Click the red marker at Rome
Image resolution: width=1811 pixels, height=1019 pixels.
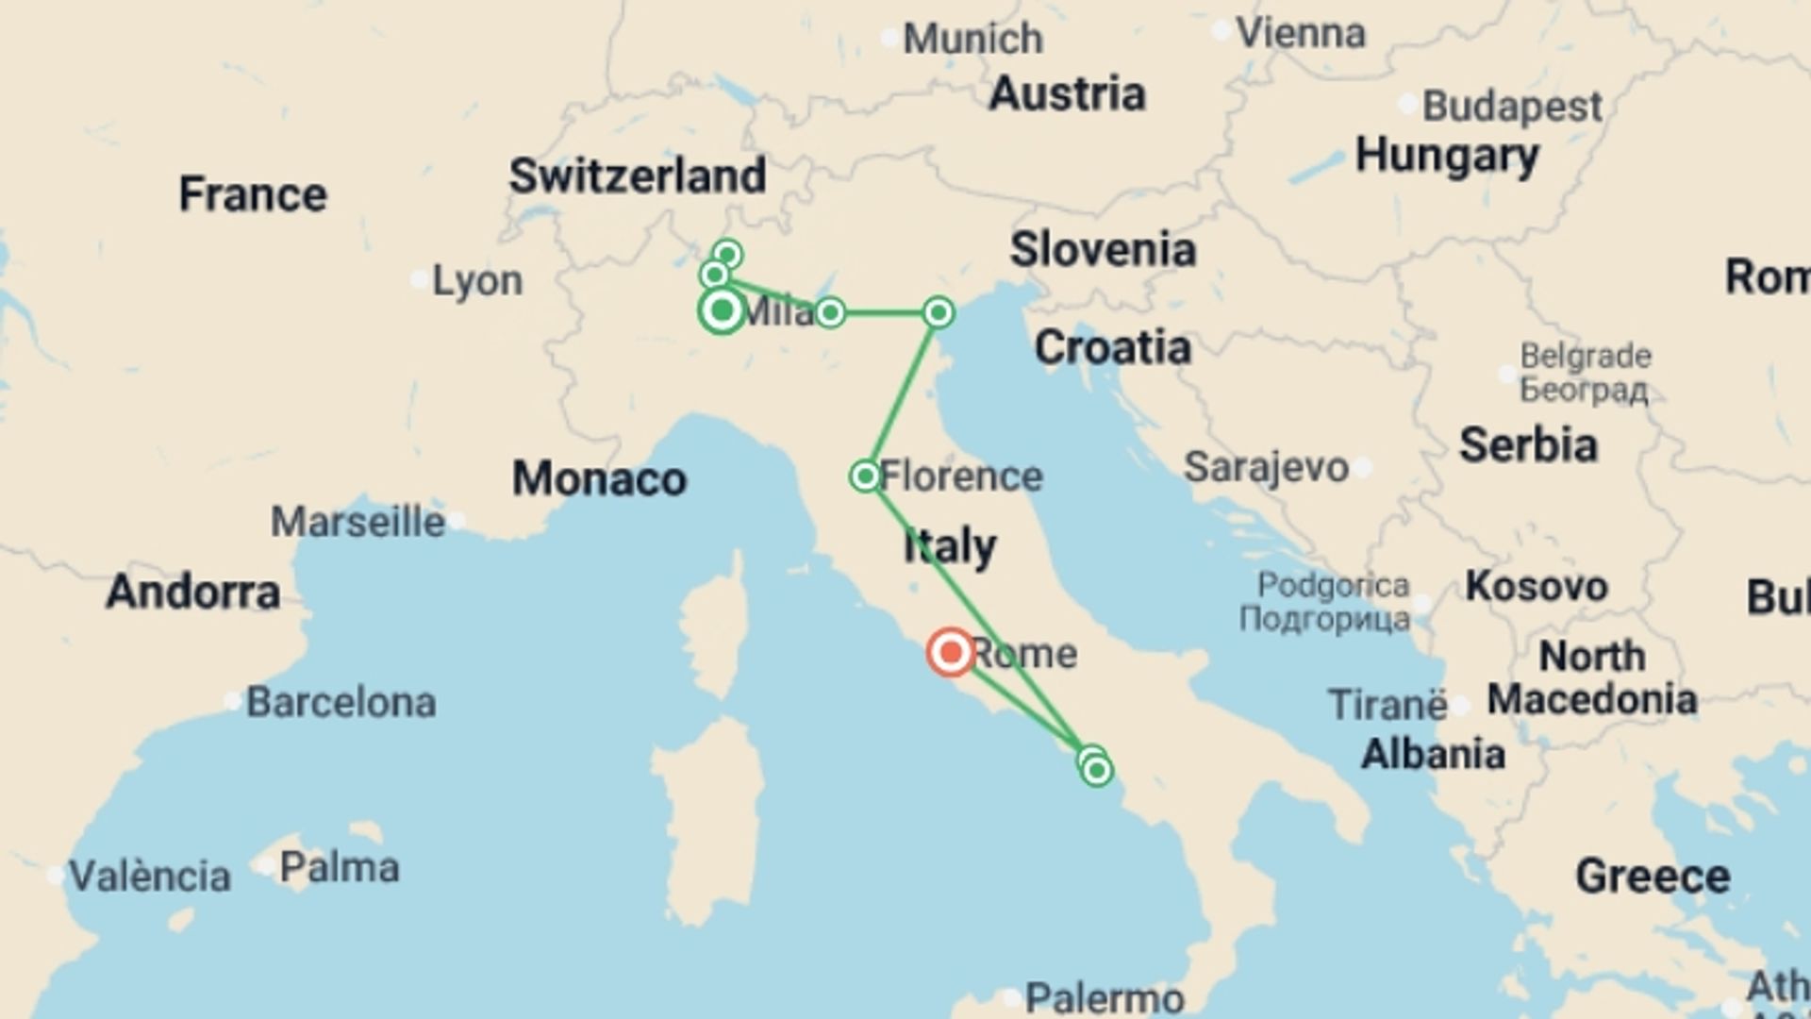pos(950,652)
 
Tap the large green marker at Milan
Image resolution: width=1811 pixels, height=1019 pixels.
pos(722,310)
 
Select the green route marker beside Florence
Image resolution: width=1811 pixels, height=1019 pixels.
pos(865,476)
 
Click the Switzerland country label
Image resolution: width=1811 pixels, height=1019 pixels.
pos(638,176)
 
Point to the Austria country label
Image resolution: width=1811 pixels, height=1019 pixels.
pos(1067,94)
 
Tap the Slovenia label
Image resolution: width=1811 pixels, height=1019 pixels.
pos(1103,250)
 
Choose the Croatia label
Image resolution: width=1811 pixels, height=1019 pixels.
pos(1112,348)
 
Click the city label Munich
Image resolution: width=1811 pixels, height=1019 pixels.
pos(972,39)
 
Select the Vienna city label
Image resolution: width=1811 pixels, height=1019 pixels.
pos(1300,34)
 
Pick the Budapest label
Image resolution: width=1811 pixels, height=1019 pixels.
pos(1511,106)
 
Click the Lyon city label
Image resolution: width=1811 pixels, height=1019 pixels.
pos(476,281)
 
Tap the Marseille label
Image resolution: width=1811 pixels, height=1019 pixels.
pos(357,522)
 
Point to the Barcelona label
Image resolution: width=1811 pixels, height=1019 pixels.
pos(341,703)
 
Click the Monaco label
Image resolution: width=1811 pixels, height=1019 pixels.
pos(599,479)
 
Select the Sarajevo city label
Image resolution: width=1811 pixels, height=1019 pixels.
pos(1266,467)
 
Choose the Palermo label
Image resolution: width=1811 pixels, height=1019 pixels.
pos(1104,997)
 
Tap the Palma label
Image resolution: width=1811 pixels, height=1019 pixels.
pos(339,867)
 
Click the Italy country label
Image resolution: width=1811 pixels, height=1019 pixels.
pos(949,546)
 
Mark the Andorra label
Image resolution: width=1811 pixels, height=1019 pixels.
pos(192,593)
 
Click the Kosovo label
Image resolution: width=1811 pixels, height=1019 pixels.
pos(1536,587)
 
